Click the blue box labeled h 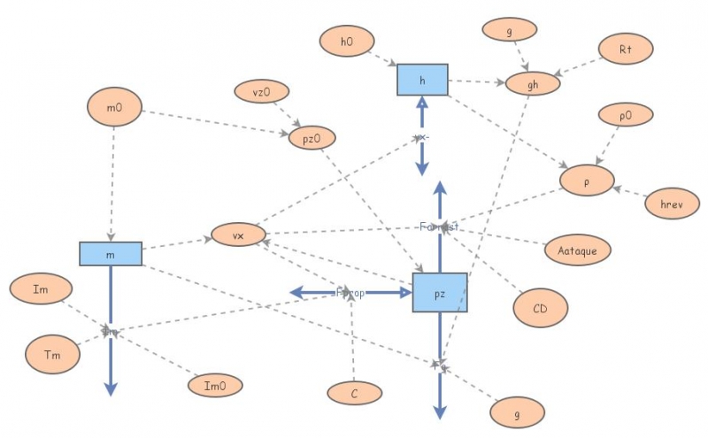(422, 80)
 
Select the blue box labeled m (111, 253)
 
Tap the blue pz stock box (440, 292)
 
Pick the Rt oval (625, 49)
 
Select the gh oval (533, 84)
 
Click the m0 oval (113, 108)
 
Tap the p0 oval (626, 115)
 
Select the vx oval (237, 235)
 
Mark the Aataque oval (577, 250)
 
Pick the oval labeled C (353, 393)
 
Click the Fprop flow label (350, 293)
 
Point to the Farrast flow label (440, 227)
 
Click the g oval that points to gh (509, 29)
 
